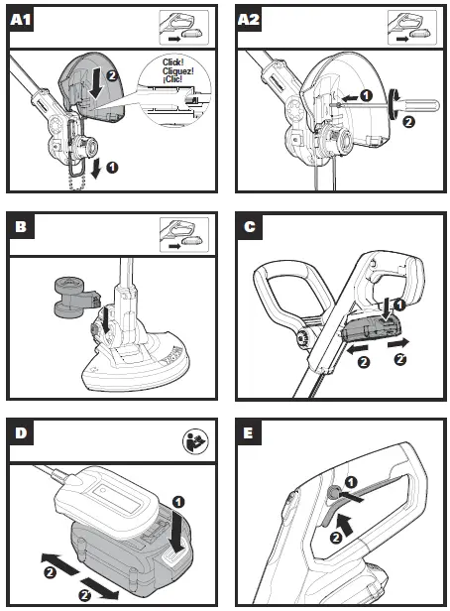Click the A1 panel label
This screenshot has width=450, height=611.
tap(21, 19)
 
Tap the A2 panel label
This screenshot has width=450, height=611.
tap(249, 19)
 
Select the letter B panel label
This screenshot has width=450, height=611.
tap(22, 226)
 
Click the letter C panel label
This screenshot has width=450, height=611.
tap(250, 226)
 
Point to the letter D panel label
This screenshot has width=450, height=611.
tap(21, 432)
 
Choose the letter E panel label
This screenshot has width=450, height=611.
tap(249, 432)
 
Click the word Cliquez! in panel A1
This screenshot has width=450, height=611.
tap(177, 71)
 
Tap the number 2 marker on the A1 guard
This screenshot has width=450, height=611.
tap(112, 75)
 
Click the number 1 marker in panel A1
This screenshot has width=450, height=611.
tap(112, 168)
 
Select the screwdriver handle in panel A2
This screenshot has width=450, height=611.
tap(415, 105)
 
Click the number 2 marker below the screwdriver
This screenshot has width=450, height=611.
tap(408, 122)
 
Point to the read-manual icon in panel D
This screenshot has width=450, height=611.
tap(195, 442)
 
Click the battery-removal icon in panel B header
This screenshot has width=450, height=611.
tap(183, 235)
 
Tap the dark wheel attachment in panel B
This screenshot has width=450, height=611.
tap(74, 297)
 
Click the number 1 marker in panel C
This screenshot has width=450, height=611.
tap(399, 305)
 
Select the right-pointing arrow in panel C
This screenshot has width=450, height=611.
tap(398, 343)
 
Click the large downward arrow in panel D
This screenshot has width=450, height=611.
tap(178, 531)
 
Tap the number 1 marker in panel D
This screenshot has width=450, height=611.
tap(178, 502)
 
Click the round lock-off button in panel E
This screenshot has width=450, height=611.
tap(333, 493)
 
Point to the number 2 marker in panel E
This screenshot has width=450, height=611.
tap(336, 539)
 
